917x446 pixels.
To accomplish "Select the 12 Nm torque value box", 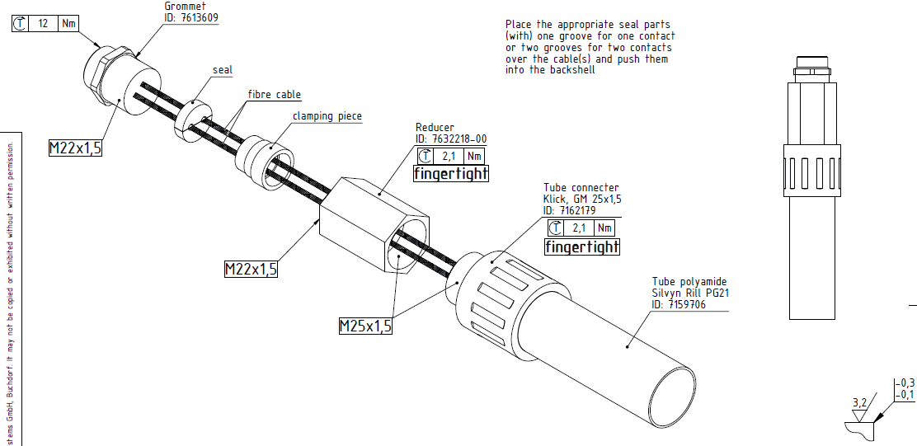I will coord(43,24).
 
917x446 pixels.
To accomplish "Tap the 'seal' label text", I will coord(223,70).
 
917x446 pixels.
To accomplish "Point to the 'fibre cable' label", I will coord(275,95).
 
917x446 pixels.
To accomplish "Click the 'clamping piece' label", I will coord(327,116).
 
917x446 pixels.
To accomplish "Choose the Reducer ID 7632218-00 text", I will coord(451,138).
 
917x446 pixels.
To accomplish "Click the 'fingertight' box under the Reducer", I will coord(450,173).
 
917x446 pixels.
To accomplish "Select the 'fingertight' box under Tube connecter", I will coord(581,246).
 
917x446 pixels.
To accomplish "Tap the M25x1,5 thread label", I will coord(365,326).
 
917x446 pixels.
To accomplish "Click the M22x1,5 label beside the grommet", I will coord(75,148).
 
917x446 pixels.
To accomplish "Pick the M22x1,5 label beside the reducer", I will coord(251,269).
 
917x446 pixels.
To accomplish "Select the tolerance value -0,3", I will coord(905,383).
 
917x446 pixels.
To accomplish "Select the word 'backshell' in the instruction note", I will coord(569,70).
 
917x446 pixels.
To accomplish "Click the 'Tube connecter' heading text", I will coord(581,187).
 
